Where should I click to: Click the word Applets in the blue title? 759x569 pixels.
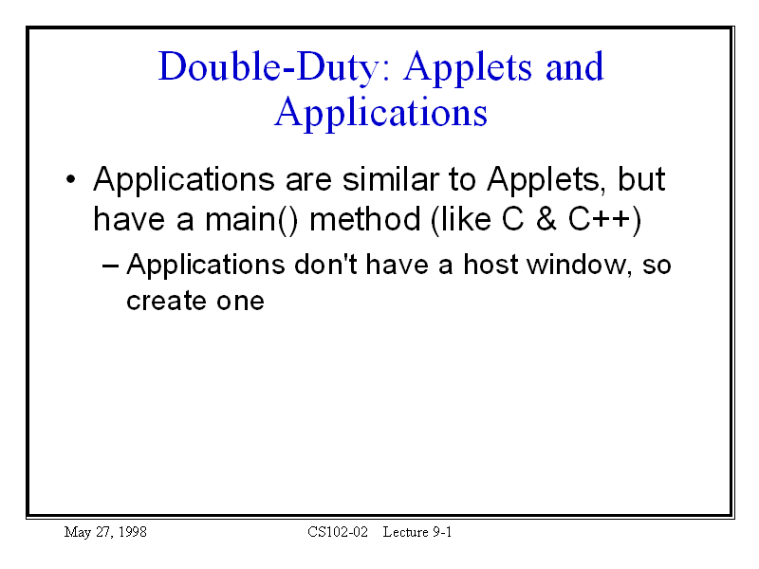click(x=469, y=67)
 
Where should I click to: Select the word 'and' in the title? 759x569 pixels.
click(x=575, y=66)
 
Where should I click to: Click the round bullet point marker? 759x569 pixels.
click(x=70, y=179)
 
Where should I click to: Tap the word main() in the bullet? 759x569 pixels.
click(x=251, y=220)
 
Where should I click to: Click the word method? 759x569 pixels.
click(x=365, y=219)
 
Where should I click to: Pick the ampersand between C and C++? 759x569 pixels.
click(x=546, y=219)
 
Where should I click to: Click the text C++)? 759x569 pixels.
click(x=604, y=220)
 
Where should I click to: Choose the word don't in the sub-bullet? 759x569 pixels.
click(x=325, y=265)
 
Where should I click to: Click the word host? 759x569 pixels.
click(x=491, y=265)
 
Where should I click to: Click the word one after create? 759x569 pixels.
click(x=240, y=303)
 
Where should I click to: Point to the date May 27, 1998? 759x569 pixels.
click(x=105, y=532)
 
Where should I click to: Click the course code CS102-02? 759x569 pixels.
click(x=338, y=532)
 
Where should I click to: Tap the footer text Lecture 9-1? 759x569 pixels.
click(x=417, y=532)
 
